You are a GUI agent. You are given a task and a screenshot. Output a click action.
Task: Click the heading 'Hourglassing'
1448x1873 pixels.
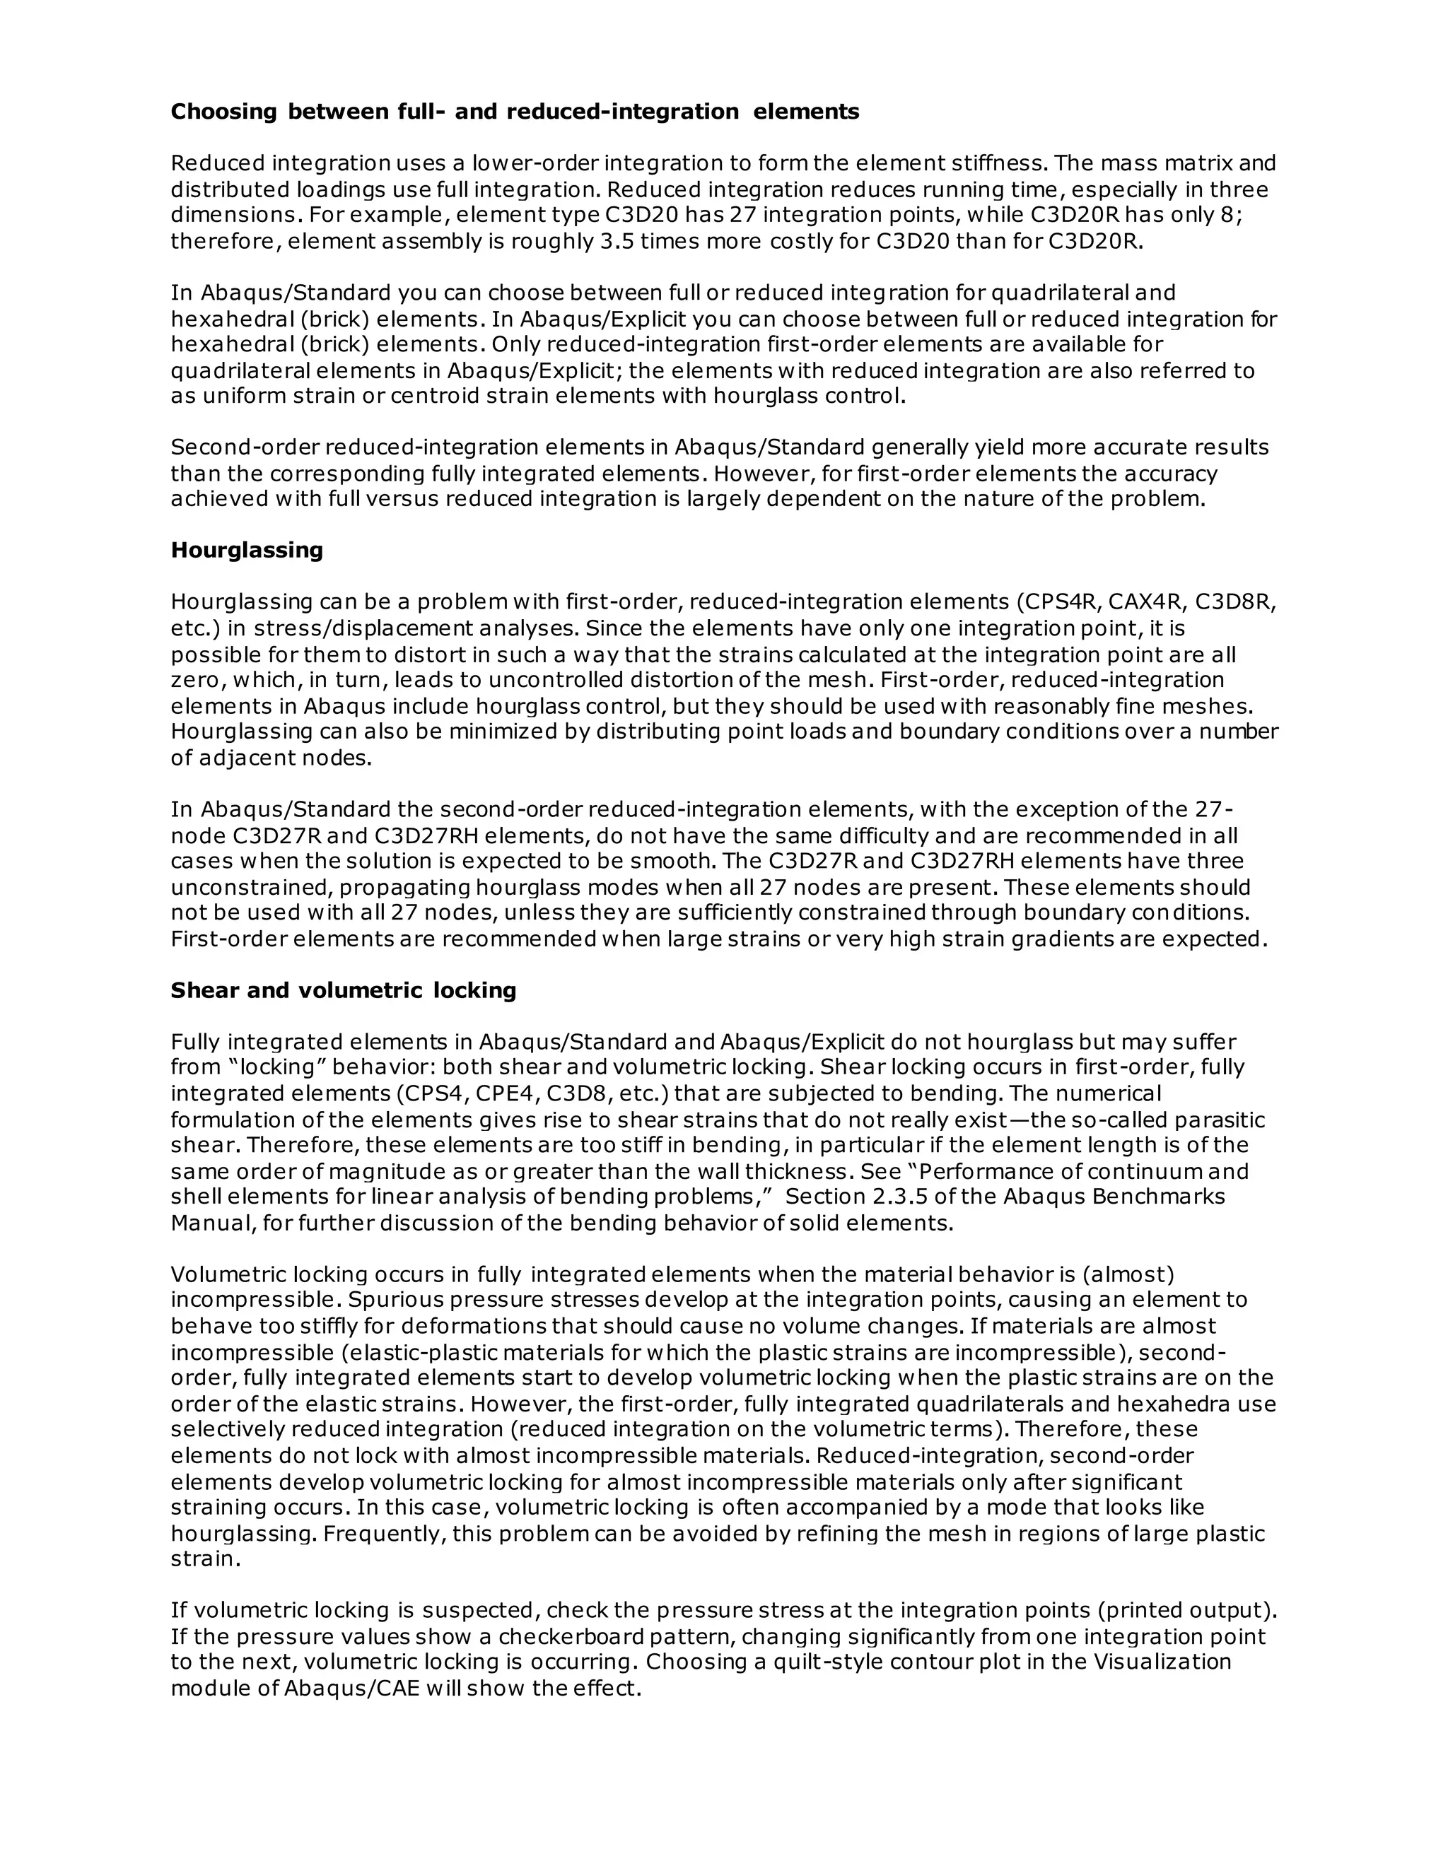[246, 550]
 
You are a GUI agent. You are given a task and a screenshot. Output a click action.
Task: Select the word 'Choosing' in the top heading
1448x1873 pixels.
[224, 112]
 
